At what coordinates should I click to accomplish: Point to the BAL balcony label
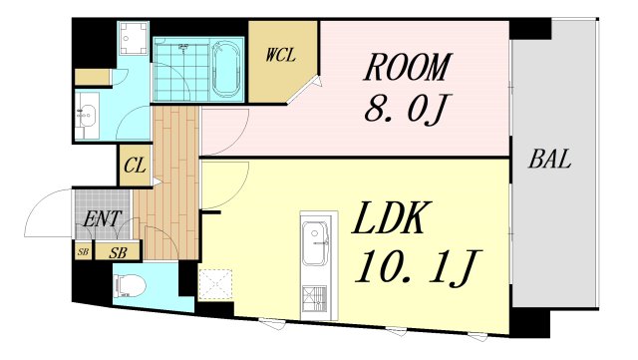point(550,160)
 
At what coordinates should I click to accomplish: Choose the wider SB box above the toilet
point(118,252)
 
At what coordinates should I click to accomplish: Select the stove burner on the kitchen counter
point(316,296)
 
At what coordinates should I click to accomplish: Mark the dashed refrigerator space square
point(214,284)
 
